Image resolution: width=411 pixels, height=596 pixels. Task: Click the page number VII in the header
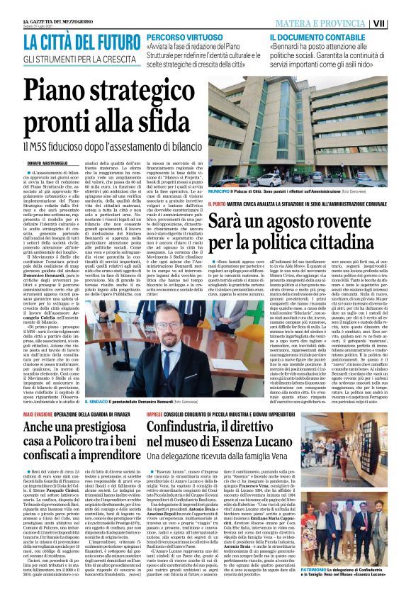pyautogui.click(x=400, y=23)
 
